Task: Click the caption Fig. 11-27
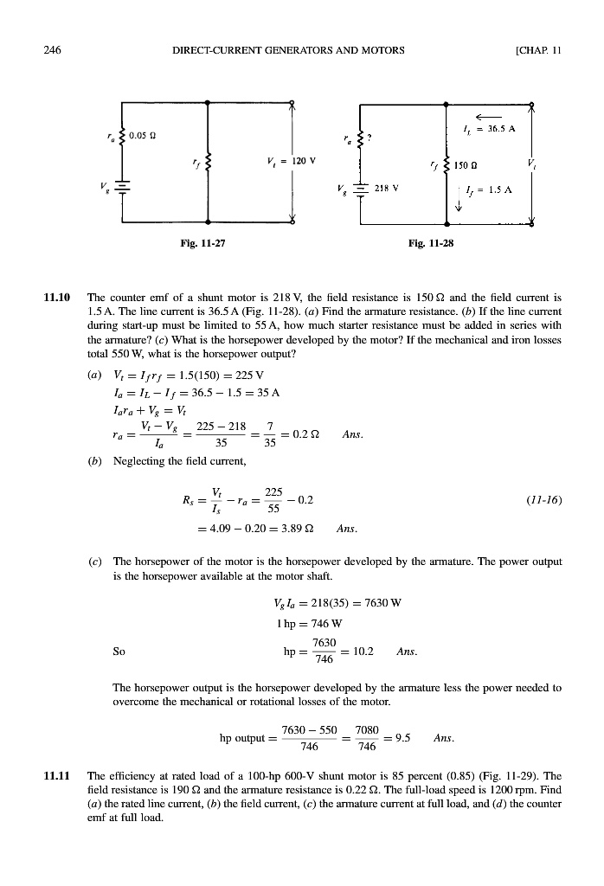point(202,244)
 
